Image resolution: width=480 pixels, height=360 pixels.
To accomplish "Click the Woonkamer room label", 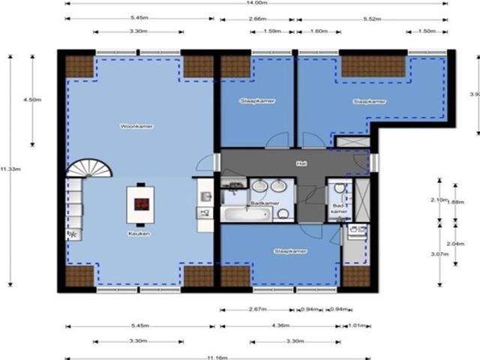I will tap(136, 127).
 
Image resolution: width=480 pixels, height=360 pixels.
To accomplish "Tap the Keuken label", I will tap(139, 234).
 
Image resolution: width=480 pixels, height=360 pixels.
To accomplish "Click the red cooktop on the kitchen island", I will tap(140, 203).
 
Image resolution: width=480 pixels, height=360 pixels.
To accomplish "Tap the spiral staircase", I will tap(88, 168).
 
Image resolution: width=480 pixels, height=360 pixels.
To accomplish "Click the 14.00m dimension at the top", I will tap(256, 4).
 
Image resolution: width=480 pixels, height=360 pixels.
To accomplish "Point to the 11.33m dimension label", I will tap(10, 169).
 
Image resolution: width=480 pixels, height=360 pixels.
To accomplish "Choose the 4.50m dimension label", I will tap(31, 100).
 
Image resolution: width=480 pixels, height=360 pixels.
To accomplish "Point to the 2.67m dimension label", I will tap(256, 309).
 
